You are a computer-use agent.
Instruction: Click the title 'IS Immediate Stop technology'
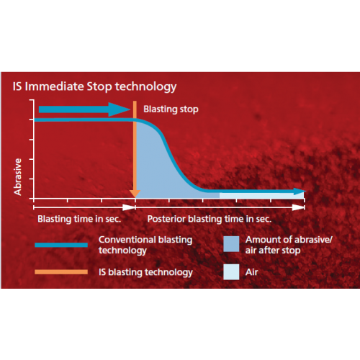94,86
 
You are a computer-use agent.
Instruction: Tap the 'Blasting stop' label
171,109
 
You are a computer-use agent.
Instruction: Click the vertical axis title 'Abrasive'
18,177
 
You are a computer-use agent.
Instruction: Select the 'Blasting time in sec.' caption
79,219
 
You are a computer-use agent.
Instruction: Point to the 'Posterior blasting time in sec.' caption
210,219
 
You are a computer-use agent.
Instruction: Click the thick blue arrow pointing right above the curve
84,109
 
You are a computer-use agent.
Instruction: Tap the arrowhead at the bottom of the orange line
135,194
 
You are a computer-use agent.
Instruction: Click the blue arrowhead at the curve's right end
300,192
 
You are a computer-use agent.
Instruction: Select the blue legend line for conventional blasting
61,245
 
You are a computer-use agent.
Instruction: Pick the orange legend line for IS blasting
61,272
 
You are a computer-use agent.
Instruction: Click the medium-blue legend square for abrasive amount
231,244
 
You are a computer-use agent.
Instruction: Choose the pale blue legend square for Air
231,272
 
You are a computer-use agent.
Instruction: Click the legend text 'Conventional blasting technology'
145,245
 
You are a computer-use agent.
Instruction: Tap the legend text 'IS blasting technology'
145,272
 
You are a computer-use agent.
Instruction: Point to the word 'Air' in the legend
252,272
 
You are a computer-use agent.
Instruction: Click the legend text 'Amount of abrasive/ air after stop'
289,245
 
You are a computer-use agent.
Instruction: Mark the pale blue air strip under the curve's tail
261,195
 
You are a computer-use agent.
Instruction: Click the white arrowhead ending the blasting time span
129,207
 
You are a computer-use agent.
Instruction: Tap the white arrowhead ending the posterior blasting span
298,207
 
